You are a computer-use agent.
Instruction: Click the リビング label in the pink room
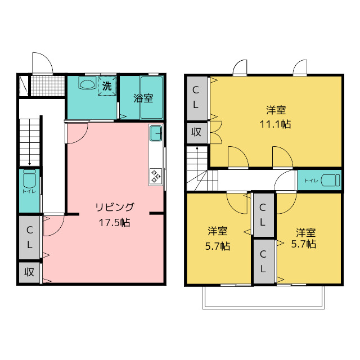point(115,207)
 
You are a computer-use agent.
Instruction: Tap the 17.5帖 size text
point(115,223)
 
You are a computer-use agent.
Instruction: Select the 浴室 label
point(143,98)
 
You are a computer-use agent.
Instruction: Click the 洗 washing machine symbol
point(107,86)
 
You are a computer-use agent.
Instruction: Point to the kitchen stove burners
point(156,176)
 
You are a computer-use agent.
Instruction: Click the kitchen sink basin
point(156,133)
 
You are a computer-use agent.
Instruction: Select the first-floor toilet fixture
point(29,179)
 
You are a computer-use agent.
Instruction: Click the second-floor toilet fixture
point(330,180)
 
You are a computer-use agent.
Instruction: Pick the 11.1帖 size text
point(275,124)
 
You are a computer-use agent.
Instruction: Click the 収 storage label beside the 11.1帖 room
point(196,132)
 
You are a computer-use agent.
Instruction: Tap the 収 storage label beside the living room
point(29,272)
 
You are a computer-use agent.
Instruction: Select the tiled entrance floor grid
point(48,86)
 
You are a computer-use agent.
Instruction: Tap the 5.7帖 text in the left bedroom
point(218,246)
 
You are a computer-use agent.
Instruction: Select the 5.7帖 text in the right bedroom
point(304,244)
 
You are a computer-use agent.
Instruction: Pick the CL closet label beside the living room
point(29,237)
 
